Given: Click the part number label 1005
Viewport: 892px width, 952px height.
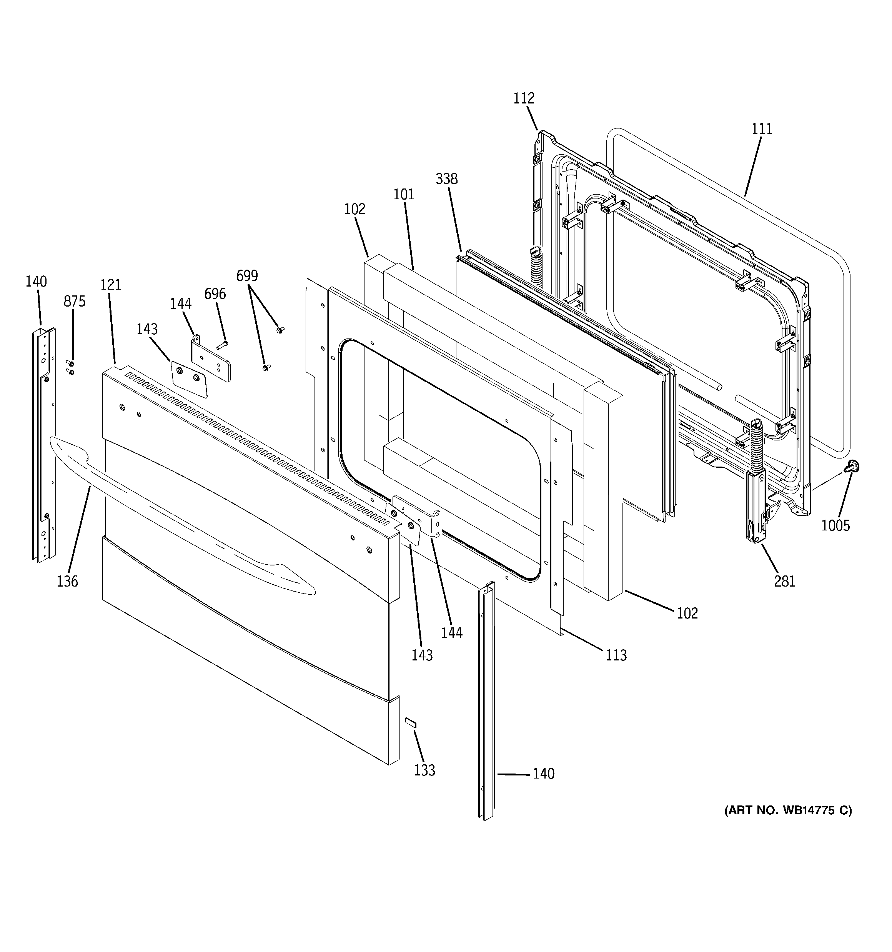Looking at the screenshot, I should [835, 525].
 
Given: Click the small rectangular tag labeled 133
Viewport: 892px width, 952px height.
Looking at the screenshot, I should [411, 736].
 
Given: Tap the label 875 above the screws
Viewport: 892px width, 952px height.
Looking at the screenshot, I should [74, 301].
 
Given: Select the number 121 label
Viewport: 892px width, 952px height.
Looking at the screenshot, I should [111, 285].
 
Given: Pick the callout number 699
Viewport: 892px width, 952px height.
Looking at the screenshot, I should [247, 276].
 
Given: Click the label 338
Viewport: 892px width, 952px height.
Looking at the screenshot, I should [446, 178].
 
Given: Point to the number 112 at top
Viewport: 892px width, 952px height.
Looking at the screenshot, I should [524, 98].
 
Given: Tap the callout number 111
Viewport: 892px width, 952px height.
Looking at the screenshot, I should [761, 128].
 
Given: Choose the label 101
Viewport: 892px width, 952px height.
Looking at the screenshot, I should [404, 194].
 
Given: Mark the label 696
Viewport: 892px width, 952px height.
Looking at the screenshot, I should [215, 293].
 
